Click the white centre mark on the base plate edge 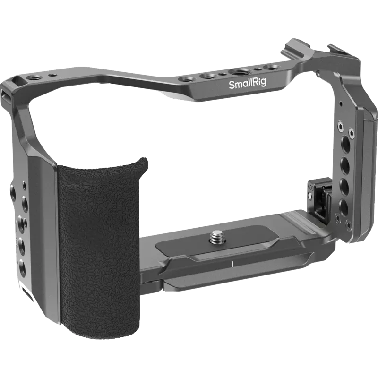pyautogui.click(x=232, y=261)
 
